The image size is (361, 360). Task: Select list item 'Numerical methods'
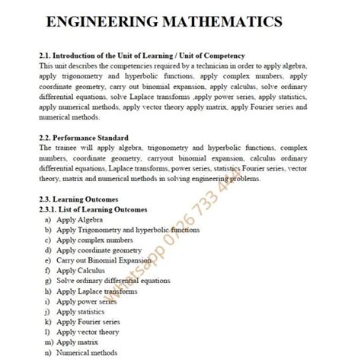pyautogui.click(x=86, y=352)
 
